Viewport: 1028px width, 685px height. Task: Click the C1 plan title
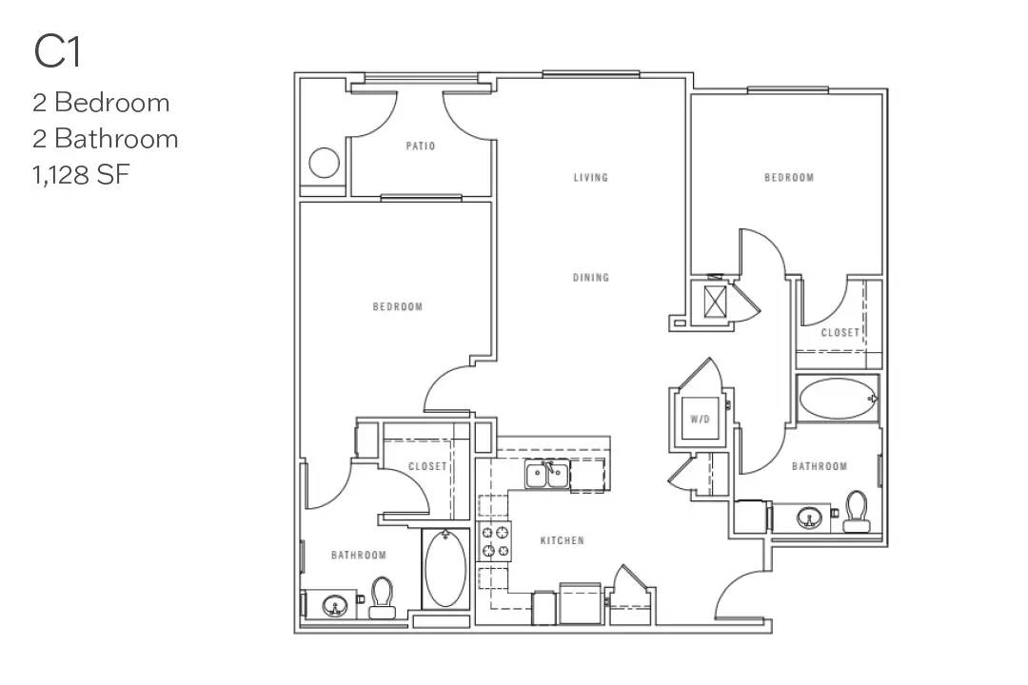(58, 52)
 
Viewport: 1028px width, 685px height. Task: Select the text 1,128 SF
(81, 175)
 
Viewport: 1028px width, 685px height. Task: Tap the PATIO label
(420, 147)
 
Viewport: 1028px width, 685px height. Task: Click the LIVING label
(590, 178)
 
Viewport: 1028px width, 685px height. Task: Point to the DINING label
(590, 278)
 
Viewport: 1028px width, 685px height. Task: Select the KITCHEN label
(562, 540)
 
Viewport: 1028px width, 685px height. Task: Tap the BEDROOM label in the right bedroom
(789, 178)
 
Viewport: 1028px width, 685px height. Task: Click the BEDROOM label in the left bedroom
(397, 306)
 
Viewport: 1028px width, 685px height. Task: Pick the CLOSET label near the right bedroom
(840, 333)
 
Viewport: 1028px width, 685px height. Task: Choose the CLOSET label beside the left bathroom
(427, 466)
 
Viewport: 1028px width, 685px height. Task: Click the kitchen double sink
(547, 474)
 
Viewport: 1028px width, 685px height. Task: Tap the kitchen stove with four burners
(494, 541)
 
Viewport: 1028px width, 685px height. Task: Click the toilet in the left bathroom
(383, 597)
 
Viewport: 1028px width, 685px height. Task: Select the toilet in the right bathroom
(857, 510)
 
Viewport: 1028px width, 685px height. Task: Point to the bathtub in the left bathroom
(445, 570)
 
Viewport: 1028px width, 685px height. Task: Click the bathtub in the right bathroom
(837, 400)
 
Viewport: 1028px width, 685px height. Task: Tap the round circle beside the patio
(325, 164)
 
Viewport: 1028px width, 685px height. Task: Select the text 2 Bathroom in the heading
(105, 139)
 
